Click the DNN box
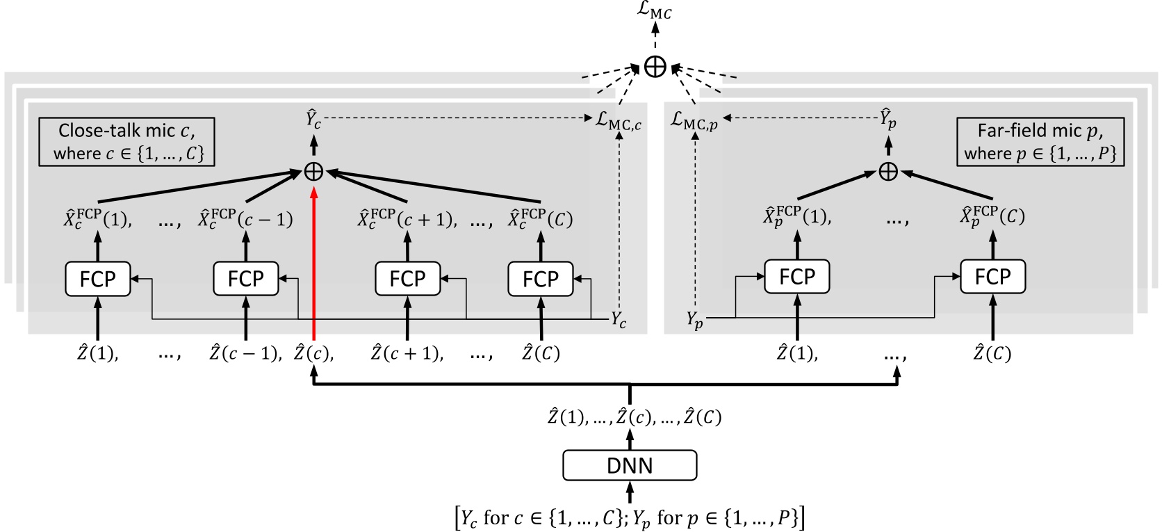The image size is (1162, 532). pyautogui.click(x=630, y=465)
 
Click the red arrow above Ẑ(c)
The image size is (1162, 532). pyautogui.click(x=314, y=264)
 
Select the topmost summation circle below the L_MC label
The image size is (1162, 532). pyautogui.click(x=655, y=67)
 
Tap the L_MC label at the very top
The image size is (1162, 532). pyautogui.click(x=655, y=12)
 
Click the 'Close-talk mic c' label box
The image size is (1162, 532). pyautogui.click(x=126, y=142)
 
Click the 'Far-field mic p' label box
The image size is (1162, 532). pyautogui.click(x=1040, y=142)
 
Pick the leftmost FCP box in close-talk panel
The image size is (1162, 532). pyautogui.click(x=97, y=279)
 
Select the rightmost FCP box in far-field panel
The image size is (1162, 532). pyautogui.click(x=992, y=277)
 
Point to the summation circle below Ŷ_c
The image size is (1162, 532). pyautogui.click(x=314, y=171)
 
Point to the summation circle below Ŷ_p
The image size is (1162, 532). pyautogui.click(x=888, y=171)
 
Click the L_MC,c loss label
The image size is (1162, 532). pyautogui.click(x=618, y=121)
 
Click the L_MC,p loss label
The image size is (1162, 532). pyautogui.click(x=694, y=121)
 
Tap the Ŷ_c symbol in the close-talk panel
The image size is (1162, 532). pyautogui.click(x=314, y=119)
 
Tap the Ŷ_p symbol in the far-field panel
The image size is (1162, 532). pyautogui.click(x=888, y=118)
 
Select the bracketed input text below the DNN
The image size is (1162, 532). pyautogui.click(x=630, y=518)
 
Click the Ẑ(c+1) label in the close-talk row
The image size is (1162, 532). pyautogui.click(x=407, y=353)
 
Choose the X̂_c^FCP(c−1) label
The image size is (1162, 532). pyautogui.click(x=245, y=218)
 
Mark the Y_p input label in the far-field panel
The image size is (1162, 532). pyautogui.click(x=694, y=319)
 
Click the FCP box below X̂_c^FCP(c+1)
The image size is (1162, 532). pyautogui.click(x=407, y=279)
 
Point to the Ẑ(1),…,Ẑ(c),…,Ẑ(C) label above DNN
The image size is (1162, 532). pyautogui.click(x=634, y=417)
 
